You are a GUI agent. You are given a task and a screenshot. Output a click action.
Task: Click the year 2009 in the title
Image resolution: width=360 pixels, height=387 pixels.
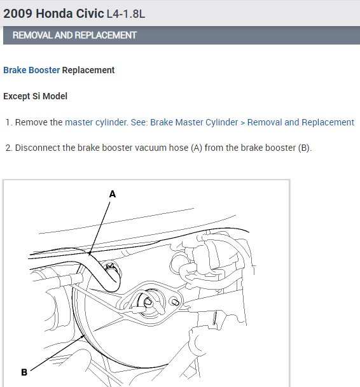point(18,13)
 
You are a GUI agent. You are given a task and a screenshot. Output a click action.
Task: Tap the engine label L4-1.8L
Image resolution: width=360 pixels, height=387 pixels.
point(126,14)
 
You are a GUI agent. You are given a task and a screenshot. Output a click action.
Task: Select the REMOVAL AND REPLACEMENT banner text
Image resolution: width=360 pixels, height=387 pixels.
point(74,35)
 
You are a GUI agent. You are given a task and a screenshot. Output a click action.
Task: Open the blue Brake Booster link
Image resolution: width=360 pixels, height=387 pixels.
point(32,70)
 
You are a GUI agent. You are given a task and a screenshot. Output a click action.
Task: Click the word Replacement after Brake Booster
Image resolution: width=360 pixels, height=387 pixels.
point(88,70)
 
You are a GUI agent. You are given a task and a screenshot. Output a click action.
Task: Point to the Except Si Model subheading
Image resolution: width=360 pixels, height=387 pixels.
point(35,96)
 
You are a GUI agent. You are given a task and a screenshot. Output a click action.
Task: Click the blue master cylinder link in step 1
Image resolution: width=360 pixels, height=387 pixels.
point(96,122)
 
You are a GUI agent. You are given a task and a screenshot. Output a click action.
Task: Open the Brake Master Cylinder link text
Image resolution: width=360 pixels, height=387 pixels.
point(194,122)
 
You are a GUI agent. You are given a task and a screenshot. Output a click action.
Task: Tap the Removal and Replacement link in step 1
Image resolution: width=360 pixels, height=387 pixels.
point(301,122)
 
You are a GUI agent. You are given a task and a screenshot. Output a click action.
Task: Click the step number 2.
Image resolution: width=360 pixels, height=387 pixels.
point(9,148)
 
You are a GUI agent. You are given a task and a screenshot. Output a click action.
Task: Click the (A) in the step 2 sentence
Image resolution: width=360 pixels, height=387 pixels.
point(197,148)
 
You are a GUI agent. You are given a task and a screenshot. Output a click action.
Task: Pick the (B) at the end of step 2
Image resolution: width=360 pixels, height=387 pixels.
point(304,148)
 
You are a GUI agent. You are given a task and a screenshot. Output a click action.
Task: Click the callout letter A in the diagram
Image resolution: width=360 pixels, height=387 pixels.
point(113,194)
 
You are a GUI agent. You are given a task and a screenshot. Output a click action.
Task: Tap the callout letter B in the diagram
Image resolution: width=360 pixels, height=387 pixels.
point(24,372)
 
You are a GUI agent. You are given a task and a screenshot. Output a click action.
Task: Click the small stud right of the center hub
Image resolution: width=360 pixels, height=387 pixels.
point(175,302)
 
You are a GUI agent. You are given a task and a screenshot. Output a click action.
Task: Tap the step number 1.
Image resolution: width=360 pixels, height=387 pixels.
point(9,122)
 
